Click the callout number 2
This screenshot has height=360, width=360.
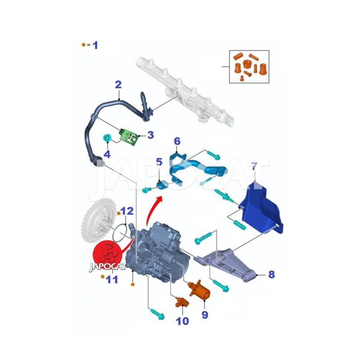coord(118,85)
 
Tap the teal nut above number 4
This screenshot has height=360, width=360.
coord(107,138)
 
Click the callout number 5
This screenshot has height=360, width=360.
coord(159,162)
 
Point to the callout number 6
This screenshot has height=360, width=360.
coord(177,141)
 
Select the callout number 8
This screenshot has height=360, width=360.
coord(271,274)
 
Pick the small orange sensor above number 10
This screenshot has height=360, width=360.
coord(182,302)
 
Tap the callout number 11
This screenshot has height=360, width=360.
coord(112,279)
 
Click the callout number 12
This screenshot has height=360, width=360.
coord(127,211)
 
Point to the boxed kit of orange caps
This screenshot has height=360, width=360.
coord(249,67)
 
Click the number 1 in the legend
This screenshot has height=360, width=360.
coord(95,45)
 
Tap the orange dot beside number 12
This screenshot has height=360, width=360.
coord(119,213)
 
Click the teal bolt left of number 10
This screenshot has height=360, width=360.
coord(157,314)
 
